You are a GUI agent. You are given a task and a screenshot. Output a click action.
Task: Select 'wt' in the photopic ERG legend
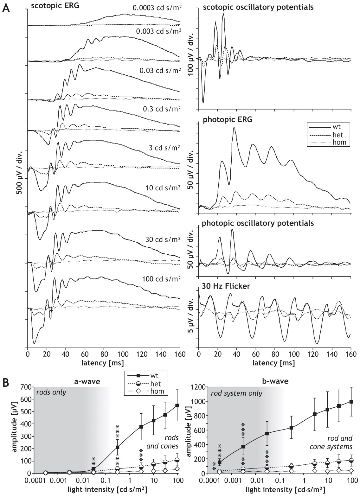pos(339,128)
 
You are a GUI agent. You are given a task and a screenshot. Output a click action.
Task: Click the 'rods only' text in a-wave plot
pos(51,392)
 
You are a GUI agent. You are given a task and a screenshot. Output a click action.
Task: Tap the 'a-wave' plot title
pos(87,381)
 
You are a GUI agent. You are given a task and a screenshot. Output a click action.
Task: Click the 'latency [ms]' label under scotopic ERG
pos(104,362)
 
